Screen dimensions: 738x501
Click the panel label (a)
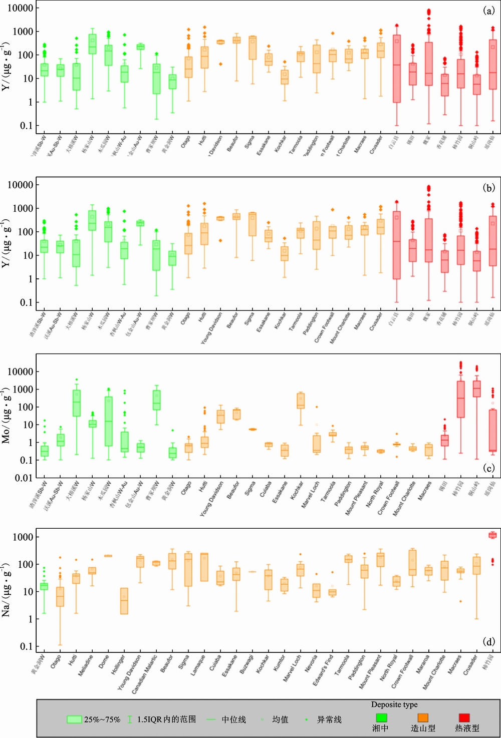[488, 11]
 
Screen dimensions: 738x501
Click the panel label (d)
[488, 641]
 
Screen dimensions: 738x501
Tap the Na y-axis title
[6, 591]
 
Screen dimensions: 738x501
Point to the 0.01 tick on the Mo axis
[24, 478]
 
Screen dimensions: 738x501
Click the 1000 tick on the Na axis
[23, 537]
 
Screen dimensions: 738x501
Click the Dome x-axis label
[104, 662]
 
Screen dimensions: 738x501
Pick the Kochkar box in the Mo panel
[301, 401]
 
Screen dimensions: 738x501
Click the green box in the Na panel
[44, 586]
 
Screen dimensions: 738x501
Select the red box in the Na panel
[492, 535]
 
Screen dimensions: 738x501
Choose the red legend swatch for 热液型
[464, 718]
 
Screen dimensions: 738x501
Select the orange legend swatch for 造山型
[423, 718]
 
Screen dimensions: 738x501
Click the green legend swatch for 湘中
[381, 718]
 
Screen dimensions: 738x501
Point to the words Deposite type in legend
[394, 704]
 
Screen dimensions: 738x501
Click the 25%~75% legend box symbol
[74, 719]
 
